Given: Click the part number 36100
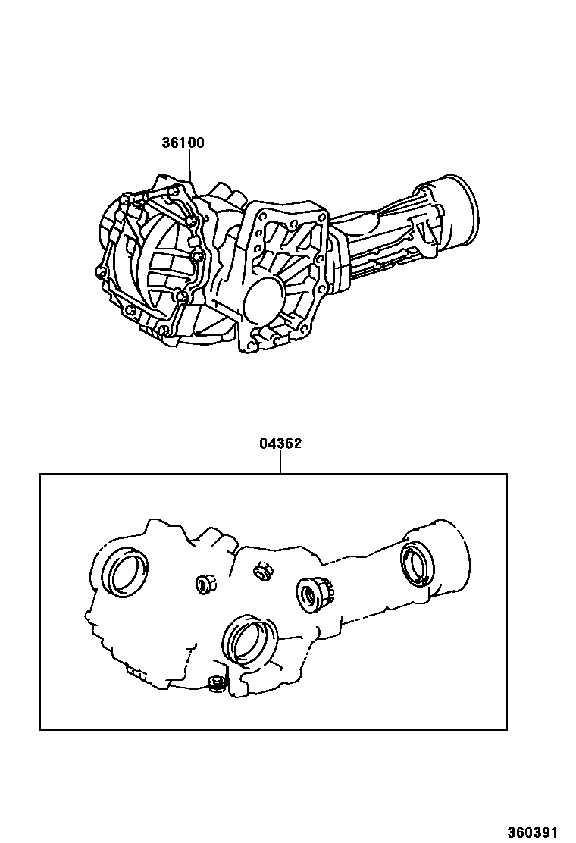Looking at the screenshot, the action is (x=183, y=143).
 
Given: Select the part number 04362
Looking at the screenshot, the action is (x=280, y=443).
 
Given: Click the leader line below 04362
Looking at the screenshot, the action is (x=280, y=462).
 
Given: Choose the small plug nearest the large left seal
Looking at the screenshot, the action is (x=204, y=584).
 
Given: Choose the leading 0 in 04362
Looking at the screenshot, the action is (x=264, y=443).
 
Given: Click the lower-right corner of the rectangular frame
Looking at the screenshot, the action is (x=506, y=729).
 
